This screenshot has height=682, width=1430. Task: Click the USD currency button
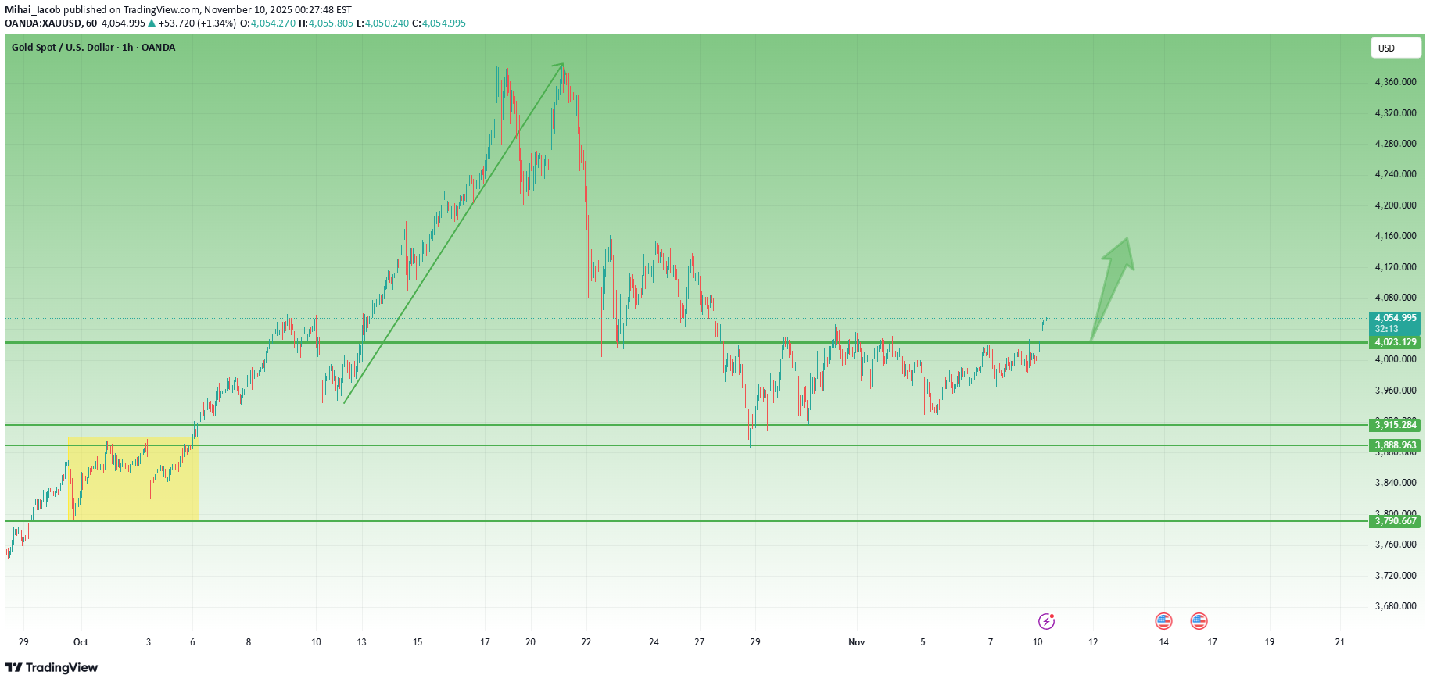coord(1395,48)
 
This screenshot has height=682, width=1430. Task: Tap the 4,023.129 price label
coord(1396,342)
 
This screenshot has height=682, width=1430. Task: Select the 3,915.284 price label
coord(1396,425)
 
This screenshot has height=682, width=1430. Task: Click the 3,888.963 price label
coord(1396,445)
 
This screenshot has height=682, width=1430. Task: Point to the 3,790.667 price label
coord(1396,521)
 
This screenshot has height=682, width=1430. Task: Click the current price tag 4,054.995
coord(1396,318)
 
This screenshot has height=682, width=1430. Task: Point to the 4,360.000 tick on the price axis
coord(1396,82)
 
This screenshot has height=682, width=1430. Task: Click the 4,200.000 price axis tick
coord(1396,205)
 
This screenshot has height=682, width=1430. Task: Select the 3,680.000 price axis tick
coord(1396,606)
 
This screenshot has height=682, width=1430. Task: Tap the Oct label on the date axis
coord(81,642)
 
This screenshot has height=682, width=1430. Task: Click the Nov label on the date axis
coord(857,642)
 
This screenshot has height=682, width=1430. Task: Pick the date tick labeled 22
coord(586,642)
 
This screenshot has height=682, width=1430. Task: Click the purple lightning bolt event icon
coord(1046,621)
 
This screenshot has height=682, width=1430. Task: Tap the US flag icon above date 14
coord(1163,621)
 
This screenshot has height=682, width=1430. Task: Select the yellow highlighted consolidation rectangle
coord(134,479)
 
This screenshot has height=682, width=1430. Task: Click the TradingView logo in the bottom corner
coord(52,667)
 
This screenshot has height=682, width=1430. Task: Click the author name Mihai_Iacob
coord(33,10)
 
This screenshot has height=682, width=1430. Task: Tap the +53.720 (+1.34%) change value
coord(196,23)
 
